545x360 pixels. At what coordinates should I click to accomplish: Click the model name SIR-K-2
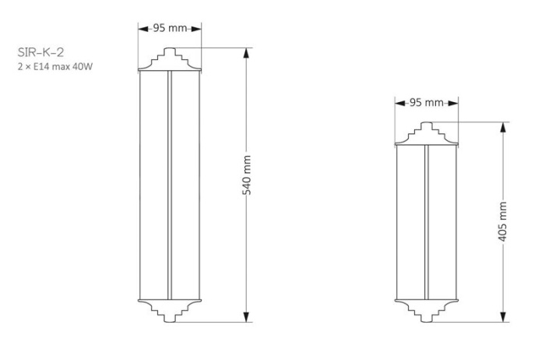click(x=40, y=52)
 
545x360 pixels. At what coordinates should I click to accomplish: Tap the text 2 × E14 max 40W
click(x=55, y=66)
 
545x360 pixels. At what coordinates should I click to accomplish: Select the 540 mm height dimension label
click(x=247, y=175)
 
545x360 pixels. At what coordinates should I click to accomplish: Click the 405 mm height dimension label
click(x=503, y=221)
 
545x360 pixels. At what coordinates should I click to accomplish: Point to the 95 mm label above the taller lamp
click(x=170, y=28)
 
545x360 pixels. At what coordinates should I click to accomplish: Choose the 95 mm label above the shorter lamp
click(x=426, y=103)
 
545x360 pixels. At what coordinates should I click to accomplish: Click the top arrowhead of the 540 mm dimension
click(x=246, y=53)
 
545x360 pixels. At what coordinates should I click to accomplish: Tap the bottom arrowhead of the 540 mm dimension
click(x=246, y=316)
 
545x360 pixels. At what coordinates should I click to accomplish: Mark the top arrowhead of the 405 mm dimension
click(x=503, y=127)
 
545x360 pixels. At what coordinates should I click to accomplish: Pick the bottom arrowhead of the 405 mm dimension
click(x=503, y=316)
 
